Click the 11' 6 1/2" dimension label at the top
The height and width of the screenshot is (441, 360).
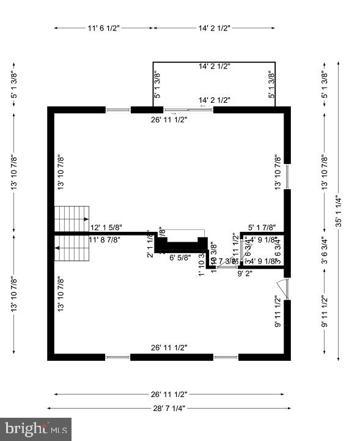pos(103,28)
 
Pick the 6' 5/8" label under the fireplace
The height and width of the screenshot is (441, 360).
pos(179,258)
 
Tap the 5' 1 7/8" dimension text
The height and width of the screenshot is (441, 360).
pos(263,228)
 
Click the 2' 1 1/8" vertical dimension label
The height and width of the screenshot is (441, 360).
pos(150,247)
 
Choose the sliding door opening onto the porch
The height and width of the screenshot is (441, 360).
pos(189,110)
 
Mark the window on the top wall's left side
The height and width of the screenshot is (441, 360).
pos(119,110)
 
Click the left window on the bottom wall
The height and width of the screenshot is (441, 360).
pos(118,357)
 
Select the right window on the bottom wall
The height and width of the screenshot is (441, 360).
pos(224,357)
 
